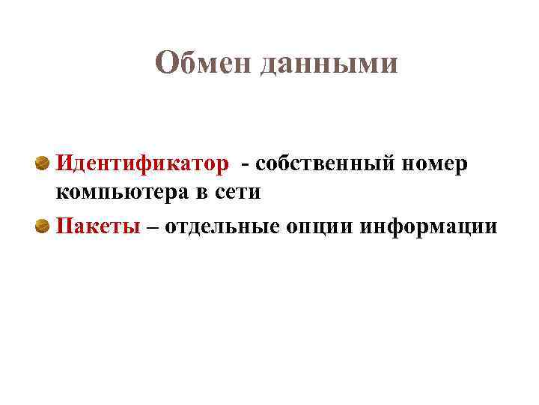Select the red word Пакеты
pyautogui.click(x=99, y=226)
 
